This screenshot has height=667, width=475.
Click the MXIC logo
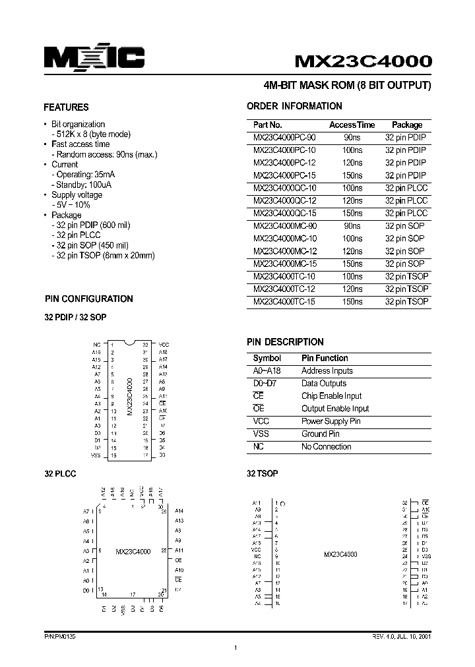[94, 59]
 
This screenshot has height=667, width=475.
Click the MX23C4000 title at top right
[364, 61]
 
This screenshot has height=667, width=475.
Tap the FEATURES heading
[66, 107]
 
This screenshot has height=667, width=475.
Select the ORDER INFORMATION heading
[294, 106]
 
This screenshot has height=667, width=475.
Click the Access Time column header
[352, 125]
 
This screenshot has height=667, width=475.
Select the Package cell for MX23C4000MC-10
[404, 239]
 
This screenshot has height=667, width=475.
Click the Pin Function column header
[325, 358]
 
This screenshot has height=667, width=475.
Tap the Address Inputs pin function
[327, 371]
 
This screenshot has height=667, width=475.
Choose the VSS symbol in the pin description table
[261, 434]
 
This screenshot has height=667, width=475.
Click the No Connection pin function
[327, 446]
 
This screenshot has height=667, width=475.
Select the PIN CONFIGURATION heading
[88, 299]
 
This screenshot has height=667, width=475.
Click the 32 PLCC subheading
[61, 474]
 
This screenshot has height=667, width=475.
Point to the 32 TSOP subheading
[262, 474]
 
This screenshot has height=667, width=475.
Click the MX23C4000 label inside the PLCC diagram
[133, 551]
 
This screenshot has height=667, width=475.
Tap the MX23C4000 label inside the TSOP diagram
[340, 555]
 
